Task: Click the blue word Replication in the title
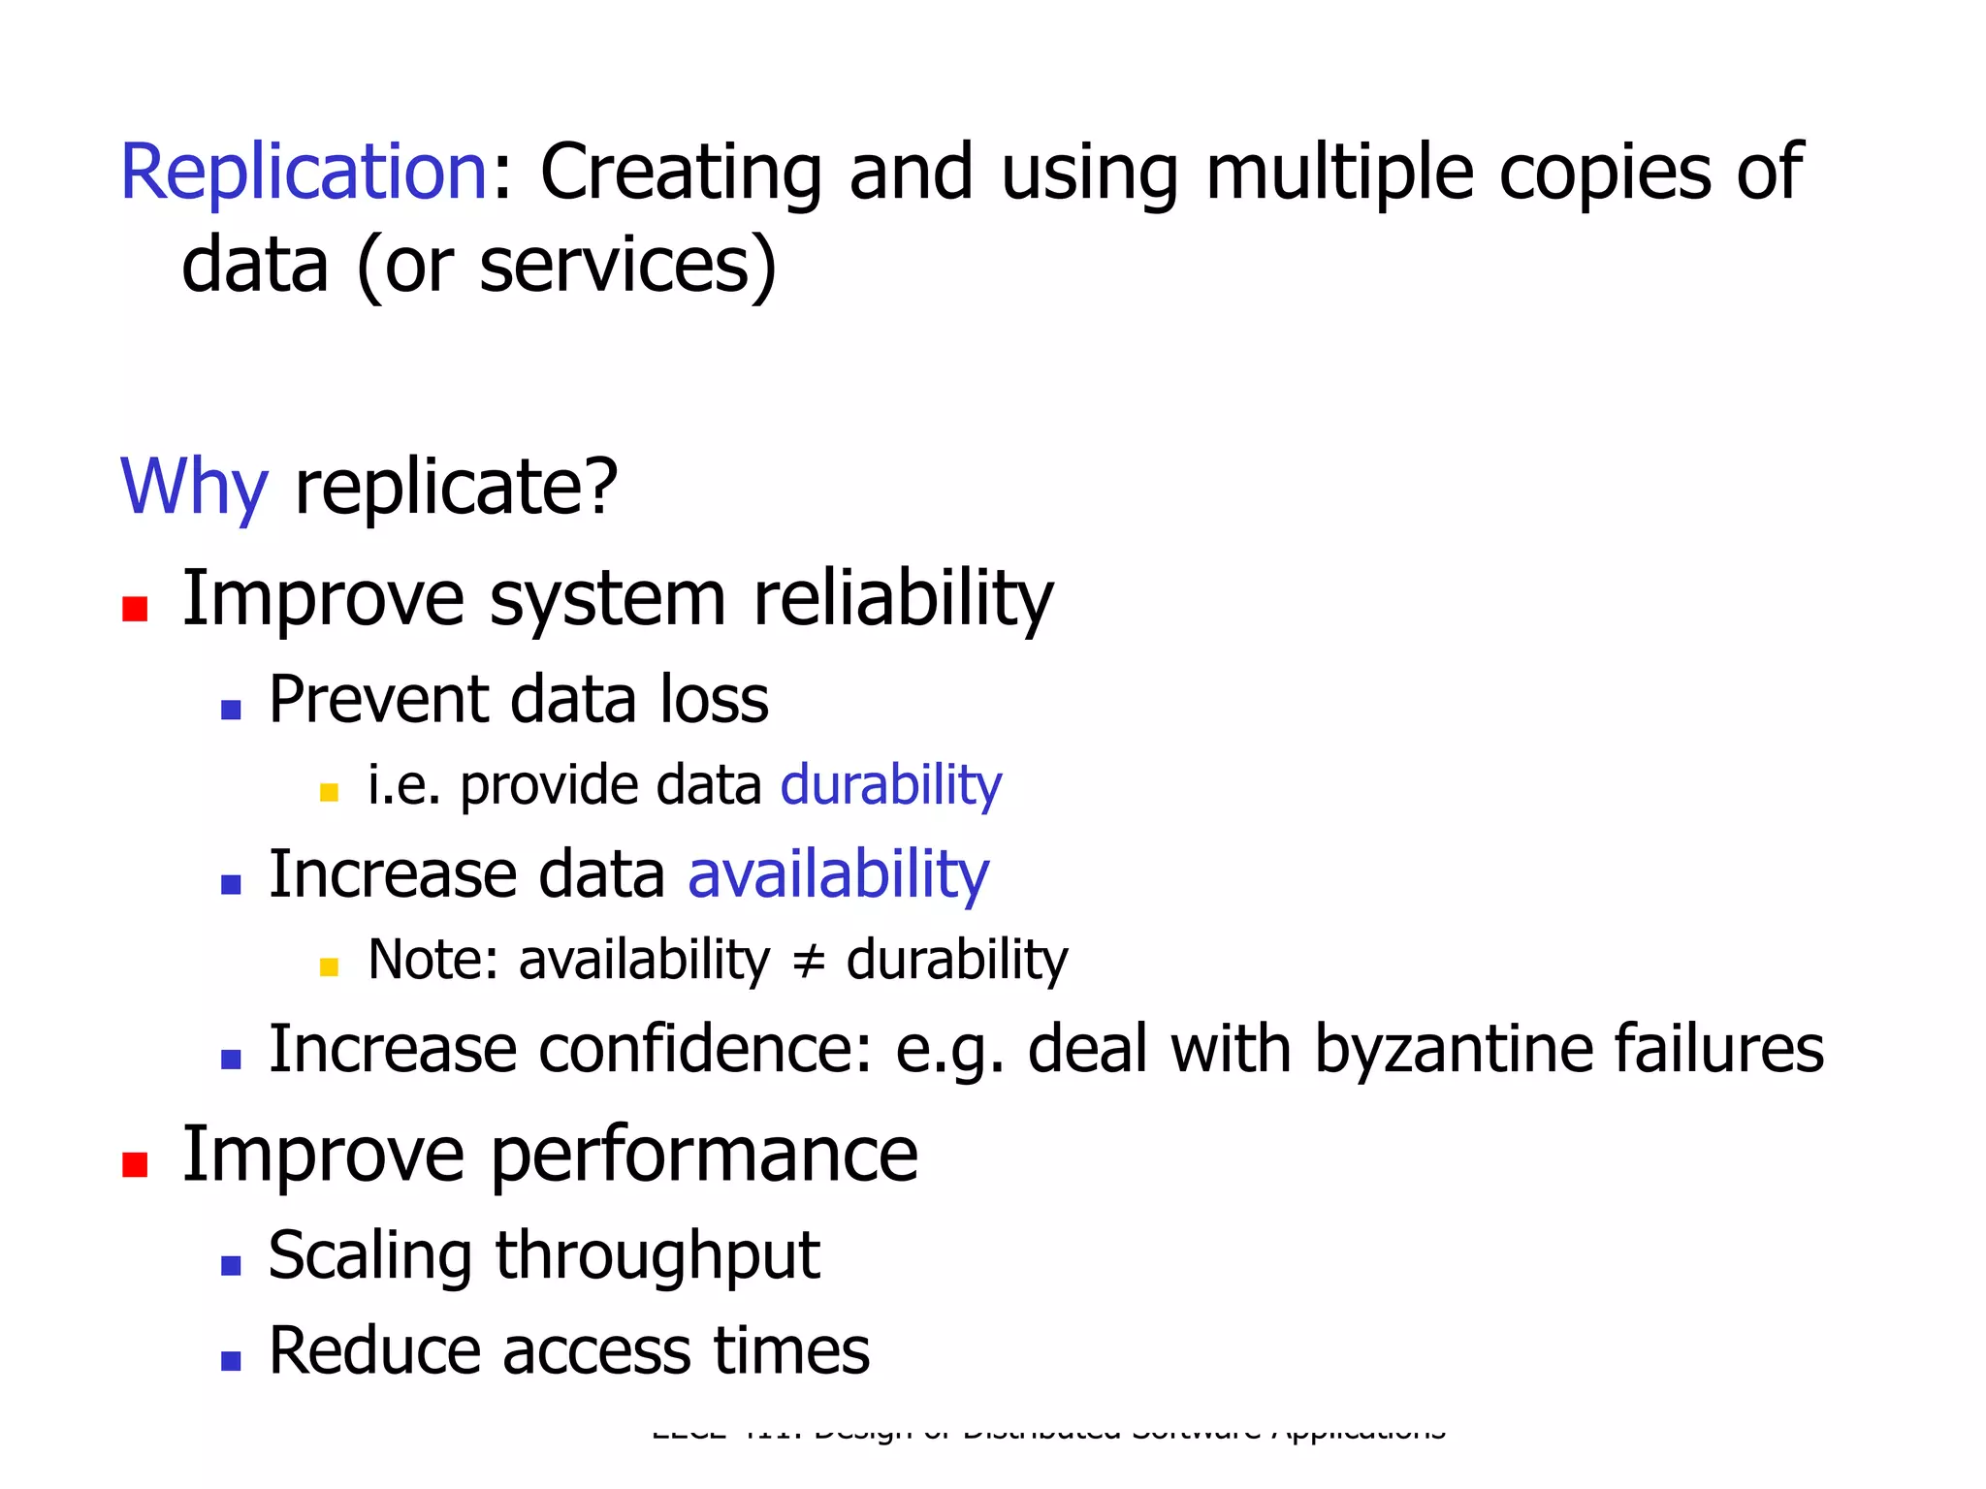304,173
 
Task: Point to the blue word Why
193,487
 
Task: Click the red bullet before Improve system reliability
135,609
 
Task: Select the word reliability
903,600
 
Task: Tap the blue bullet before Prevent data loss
231,711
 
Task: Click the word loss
714,699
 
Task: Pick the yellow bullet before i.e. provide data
329,793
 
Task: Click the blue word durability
891,785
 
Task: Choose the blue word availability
838,875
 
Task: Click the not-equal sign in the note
808,961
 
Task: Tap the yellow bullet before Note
329,966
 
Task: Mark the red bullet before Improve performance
135,1164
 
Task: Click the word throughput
657,1256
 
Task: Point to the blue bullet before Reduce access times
231,1361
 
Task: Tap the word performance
704,1156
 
